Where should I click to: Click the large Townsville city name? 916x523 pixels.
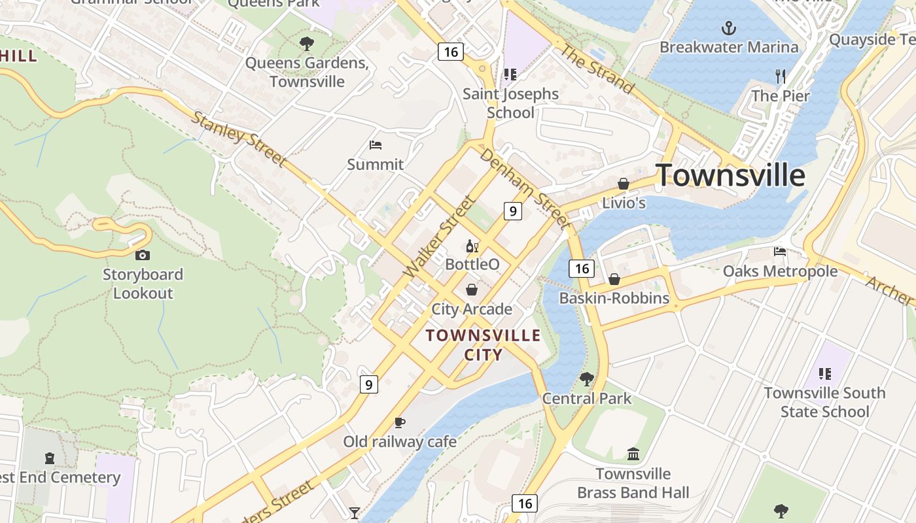click(730, 175)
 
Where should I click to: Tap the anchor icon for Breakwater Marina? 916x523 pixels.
click(728, 28)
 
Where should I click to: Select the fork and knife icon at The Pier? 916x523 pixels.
click(780, 76)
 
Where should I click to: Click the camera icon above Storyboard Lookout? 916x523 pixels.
click(143, 255)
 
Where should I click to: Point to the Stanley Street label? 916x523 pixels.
click(239, 139)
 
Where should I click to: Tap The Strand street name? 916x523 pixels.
click(597, 69)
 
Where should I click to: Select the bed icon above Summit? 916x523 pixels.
click(375, 145)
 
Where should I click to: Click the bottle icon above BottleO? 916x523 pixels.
click(472, 246)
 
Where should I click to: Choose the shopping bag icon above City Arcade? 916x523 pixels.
click(472, 289)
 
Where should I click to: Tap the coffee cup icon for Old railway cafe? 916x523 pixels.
click(400, 423)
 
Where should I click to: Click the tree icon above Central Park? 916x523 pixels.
click(586, 379)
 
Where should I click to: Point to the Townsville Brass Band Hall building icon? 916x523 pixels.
click(633, 454)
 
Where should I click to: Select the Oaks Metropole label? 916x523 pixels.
click(780, 271)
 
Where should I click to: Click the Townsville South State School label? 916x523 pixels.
click(824, 402)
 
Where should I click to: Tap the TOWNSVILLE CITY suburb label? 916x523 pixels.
click(484, 345)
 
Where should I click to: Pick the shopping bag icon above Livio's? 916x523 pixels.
click(624, 184)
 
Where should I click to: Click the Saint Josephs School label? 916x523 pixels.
click(510, 103)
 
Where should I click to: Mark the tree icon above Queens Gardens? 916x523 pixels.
click(306, 44)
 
